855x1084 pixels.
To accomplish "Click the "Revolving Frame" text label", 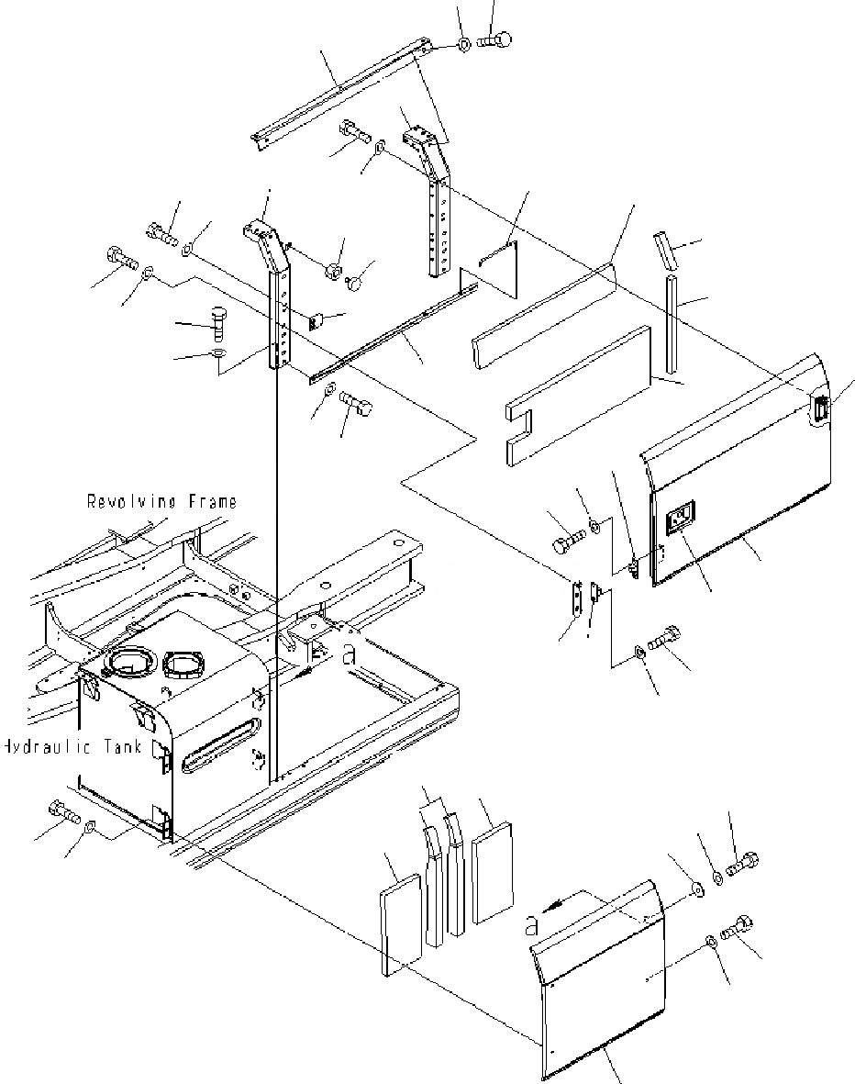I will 161,501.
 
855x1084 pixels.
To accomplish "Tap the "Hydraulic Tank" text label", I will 72,747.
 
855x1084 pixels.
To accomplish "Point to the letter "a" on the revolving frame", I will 347,654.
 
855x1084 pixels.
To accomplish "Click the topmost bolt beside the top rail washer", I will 495,39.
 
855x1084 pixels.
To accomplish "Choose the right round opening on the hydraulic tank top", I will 186,660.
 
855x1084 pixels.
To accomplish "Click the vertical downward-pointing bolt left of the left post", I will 217,322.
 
